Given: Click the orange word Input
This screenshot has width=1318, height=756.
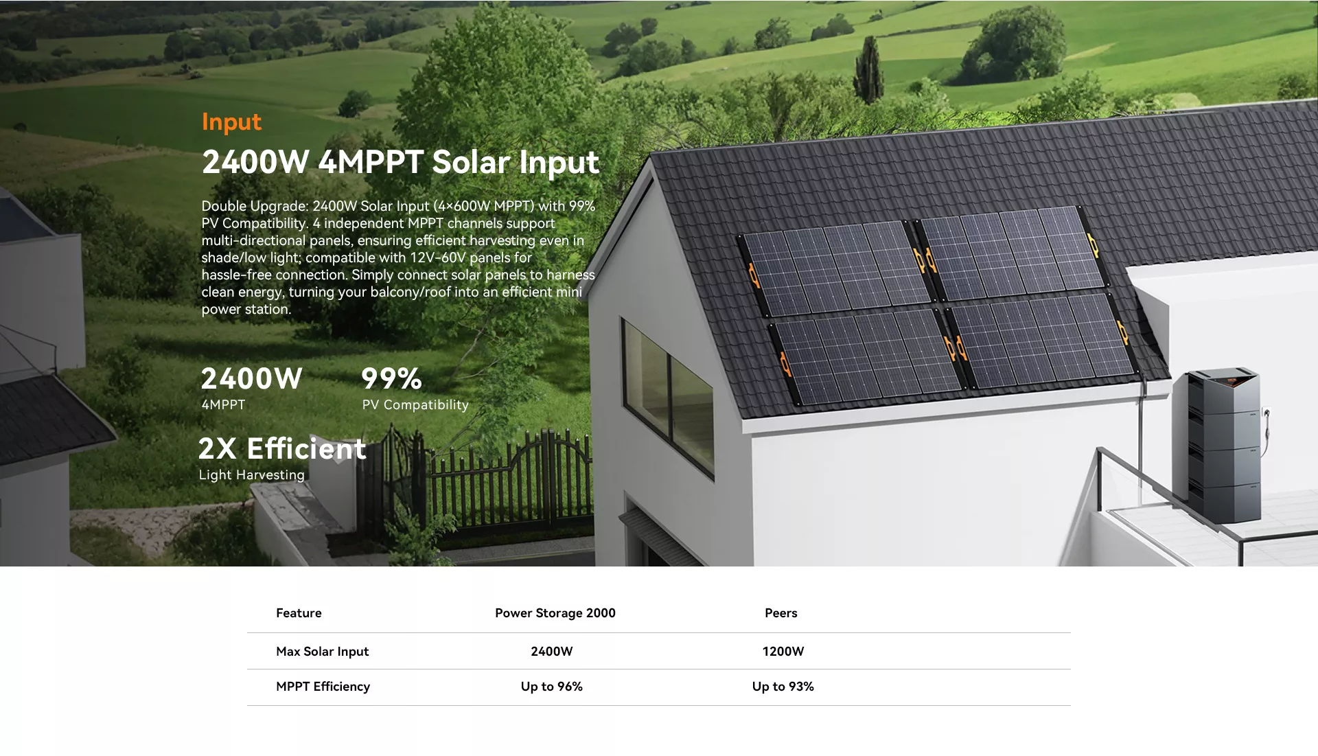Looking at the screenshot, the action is (231, 122).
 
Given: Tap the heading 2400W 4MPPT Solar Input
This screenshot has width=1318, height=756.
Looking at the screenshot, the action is (401, 163).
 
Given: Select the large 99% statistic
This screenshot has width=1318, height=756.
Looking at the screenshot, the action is (391, 378).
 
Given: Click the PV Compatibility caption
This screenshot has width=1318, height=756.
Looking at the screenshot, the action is (415, 405).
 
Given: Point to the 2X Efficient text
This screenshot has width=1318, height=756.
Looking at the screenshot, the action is (282, 448).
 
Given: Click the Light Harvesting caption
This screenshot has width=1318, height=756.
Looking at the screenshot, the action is (252, 475).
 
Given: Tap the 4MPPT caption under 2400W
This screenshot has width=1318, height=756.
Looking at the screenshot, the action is (223, 405).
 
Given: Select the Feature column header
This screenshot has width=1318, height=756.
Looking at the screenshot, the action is (299, 613).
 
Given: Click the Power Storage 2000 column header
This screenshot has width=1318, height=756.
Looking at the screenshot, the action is (555, 613).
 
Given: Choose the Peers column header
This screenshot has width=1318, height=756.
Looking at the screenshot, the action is (781, 613).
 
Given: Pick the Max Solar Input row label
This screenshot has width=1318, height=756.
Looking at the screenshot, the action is (323, 652).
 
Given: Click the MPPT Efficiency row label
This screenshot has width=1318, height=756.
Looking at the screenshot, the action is (323, 687).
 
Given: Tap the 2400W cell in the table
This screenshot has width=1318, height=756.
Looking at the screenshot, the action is (552, 652).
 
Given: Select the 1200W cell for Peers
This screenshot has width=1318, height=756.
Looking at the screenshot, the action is (783, 652).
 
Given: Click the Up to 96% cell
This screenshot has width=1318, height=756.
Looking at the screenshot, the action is (552, 687).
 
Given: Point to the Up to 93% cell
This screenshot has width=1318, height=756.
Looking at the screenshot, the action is (783, 687).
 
